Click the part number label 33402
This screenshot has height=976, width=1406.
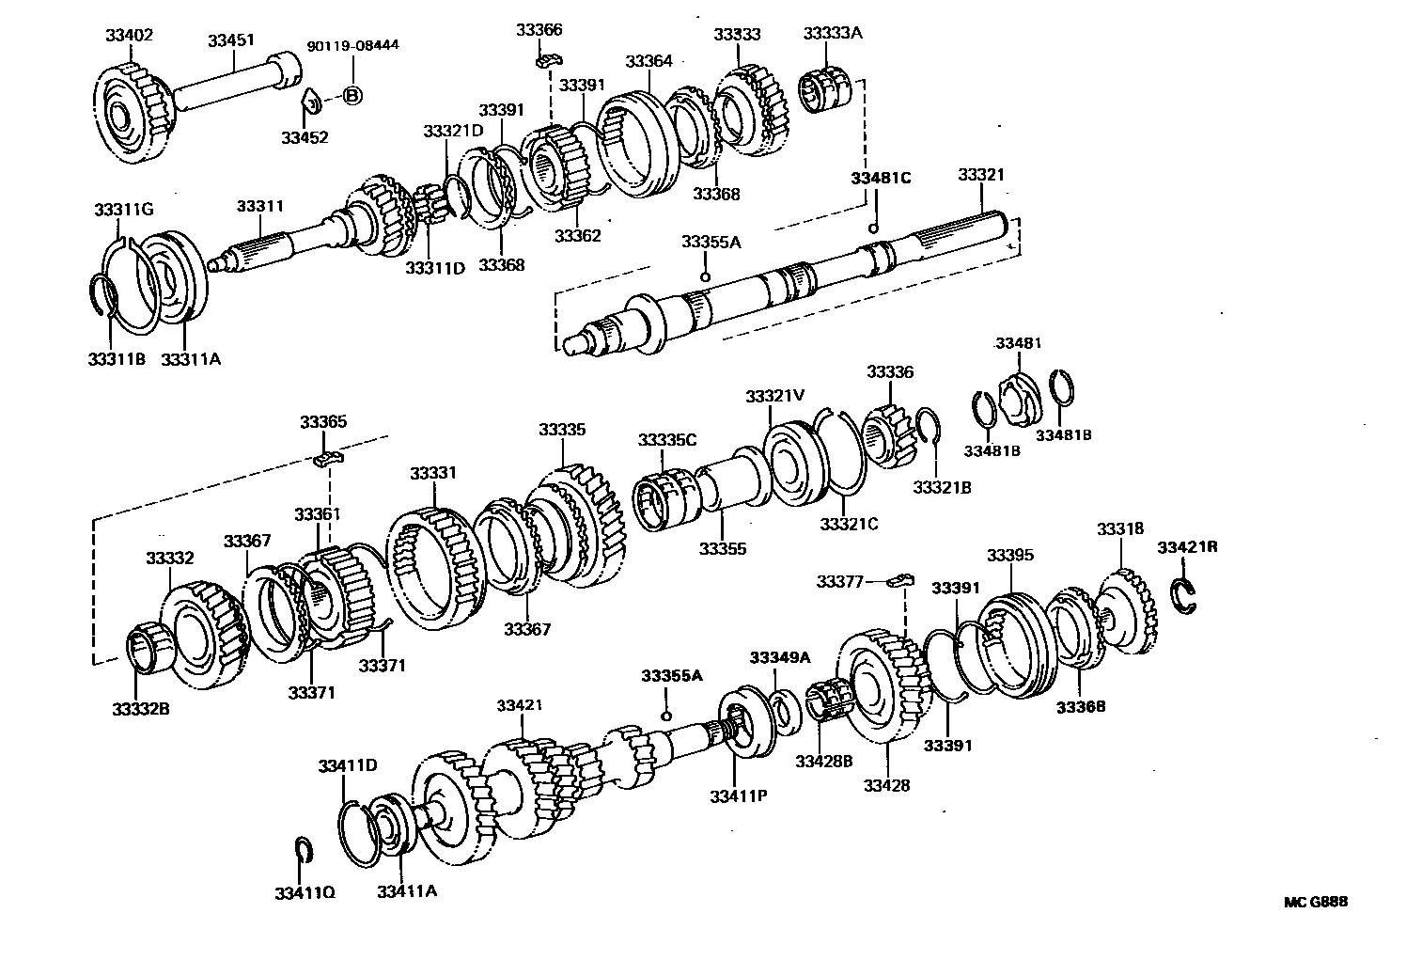click(129, 35)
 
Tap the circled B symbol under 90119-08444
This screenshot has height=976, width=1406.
click(351, 95)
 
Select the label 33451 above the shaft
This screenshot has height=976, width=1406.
click(231, 40)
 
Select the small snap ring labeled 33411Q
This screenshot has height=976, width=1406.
click(302, 849)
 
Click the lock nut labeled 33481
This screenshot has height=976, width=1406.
click(1018, 396)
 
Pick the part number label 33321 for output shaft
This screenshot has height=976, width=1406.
click(981, 175)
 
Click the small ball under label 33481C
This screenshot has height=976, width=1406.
click(873, 229)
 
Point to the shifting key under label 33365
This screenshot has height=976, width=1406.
click(328, 459)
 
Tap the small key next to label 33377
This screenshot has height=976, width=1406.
click(901, 578)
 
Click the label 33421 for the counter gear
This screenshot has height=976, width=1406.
click(520, 705)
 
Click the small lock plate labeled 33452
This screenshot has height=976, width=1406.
click(310, 100)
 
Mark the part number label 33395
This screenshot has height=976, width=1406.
click(1009, 555)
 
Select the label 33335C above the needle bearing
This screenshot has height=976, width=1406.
click(666, 440)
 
